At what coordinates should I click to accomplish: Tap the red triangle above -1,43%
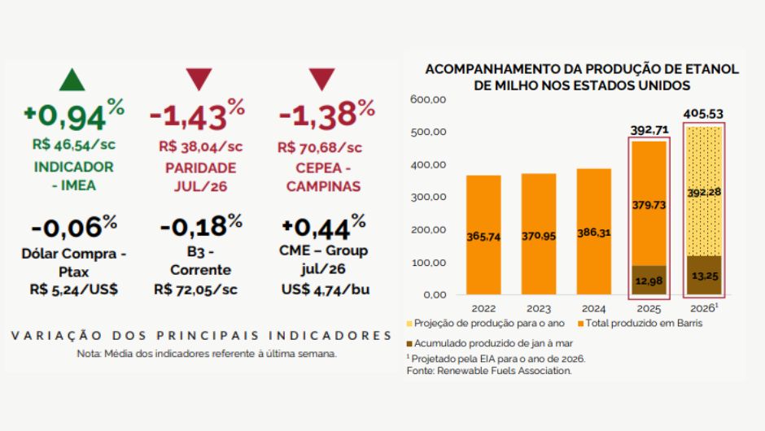(x=199, y=80)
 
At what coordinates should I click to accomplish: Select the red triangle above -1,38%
(x=321, y=80)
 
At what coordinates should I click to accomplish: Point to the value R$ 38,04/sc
(x=200, y=148)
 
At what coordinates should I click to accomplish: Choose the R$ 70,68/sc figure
(x=320, y=148)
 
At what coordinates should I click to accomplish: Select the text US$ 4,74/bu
(x=323, y=288)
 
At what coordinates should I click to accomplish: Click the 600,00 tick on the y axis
(x=428, y=100)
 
